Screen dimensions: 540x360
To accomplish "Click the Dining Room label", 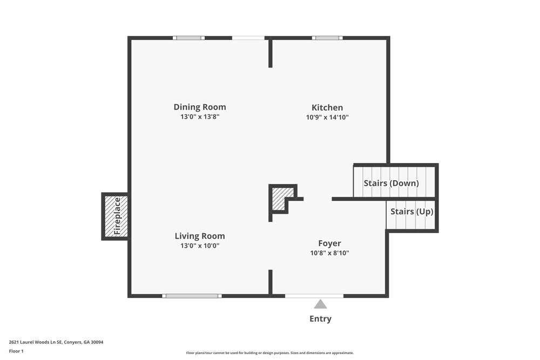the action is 200,107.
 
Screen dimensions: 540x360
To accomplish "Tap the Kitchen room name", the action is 327,107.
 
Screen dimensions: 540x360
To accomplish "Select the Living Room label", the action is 200,236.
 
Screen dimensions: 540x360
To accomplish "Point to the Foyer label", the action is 329,243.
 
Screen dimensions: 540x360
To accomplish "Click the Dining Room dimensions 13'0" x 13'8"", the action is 200,117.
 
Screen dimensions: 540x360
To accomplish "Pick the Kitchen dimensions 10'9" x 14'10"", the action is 327,117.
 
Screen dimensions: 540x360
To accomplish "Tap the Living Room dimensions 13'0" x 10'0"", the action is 200,246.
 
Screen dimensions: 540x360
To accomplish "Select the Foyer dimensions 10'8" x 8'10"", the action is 329,253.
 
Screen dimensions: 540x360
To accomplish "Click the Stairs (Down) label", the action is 391,183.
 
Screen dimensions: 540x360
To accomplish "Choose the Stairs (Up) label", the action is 412,212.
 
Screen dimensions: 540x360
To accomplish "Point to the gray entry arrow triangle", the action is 320,304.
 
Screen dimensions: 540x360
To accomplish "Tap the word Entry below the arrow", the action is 320,318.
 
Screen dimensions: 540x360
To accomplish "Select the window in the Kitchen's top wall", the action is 327,38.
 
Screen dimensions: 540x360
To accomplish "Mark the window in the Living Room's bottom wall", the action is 192,296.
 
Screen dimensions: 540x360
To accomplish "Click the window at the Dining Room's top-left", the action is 188,38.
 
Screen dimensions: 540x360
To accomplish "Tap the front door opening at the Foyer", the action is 314,296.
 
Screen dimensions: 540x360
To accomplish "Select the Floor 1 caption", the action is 16,351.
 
